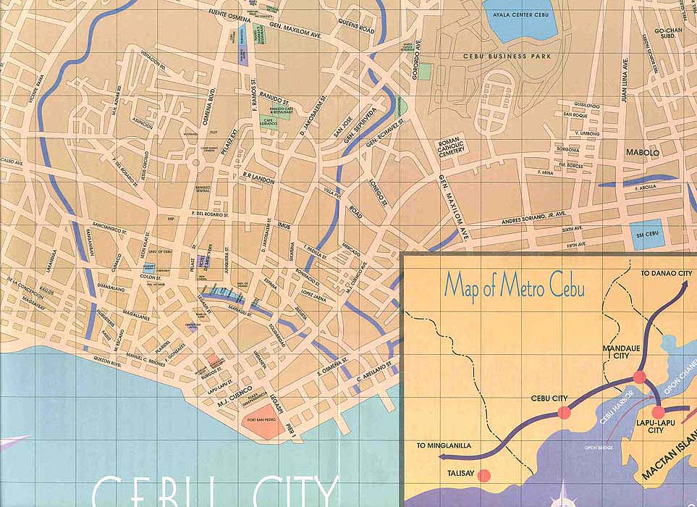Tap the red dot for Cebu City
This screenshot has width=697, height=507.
tap(564, 414)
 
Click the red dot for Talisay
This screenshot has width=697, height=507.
tap(484, 476)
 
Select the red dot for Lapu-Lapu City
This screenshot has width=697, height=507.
tap(658, 414)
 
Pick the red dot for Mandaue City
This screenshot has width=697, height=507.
tap(639, 377)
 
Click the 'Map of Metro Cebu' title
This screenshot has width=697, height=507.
tap(514, 285)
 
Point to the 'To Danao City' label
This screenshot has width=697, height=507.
tap(667, 273)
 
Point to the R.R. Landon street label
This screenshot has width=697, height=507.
tap(258, 177)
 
